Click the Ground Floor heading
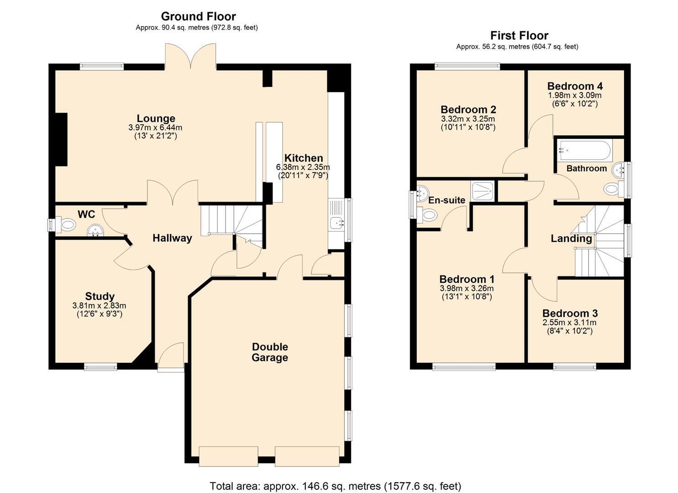(x=198, y=16)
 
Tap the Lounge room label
(x=156, y=118)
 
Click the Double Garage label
(x=270, y=352)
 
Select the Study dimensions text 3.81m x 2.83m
(x=99, y=306)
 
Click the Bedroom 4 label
(x=575, y=86)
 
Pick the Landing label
(x=571, y=238)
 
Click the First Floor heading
(x=519, y=36)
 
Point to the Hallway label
(x=172, y=238)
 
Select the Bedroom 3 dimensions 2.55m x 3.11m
(x=569, y=323)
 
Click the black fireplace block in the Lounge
(x=61, y=140)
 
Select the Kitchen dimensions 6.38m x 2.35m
(x=303, y=167)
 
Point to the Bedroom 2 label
(x=468, y=109)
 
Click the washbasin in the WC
(x=95, y=231)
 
